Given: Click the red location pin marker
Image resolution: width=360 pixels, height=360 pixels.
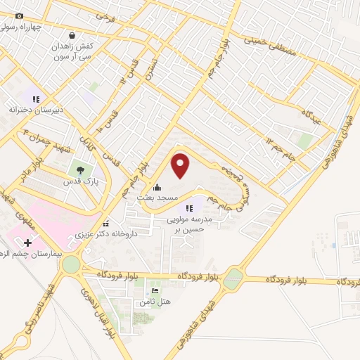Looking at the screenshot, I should (181, 165).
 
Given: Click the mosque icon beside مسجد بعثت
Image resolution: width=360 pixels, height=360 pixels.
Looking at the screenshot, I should (157, 188).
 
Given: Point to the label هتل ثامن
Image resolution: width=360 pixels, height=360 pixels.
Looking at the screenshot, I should (153, 302).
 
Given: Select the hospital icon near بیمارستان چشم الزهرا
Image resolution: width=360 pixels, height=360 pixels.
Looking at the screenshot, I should (18, 243).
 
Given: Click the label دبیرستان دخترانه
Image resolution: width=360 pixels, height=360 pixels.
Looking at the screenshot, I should (36, 110).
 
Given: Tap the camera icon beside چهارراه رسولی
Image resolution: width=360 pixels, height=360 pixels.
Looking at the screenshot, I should (18, 16).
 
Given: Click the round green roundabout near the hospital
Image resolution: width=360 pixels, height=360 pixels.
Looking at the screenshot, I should (71, 264).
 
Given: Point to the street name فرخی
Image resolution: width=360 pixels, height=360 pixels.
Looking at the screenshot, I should (104, 15).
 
